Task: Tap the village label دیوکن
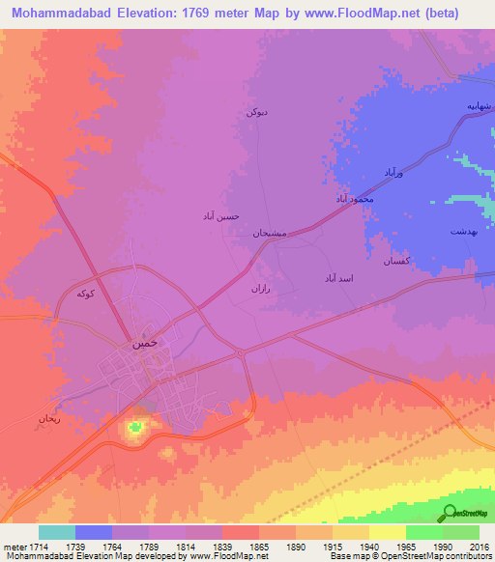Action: [256, 113]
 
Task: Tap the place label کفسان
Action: [398, 262]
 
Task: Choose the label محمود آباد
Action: [354, 198]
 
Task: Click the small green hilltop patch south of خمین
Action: [136, 426]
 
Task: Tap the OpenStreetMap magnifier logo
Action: [450, 513]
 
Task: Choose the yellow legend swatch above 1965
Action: [388, 532]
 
